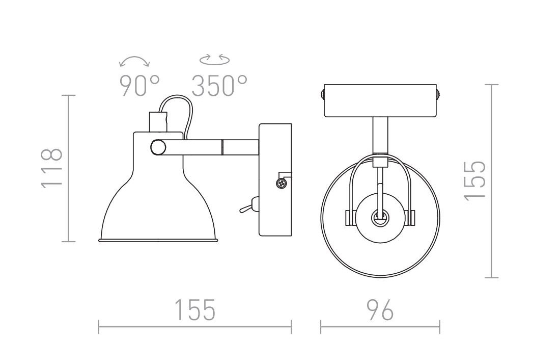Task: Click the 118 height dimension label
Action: click(51, 168)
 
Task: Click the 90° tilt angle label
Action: click(139, 86)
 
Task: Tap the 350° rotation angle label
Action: click(219, 86)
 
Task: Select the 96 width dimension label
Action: click(380, 310)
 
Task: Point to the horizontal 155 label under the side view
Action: click(195, 310)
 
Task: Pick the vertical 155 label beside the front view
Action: click(475, 180)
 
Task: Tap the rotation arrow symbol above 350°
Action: click(214, 60)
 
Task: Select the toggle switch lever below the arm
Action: click(247, 206)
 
